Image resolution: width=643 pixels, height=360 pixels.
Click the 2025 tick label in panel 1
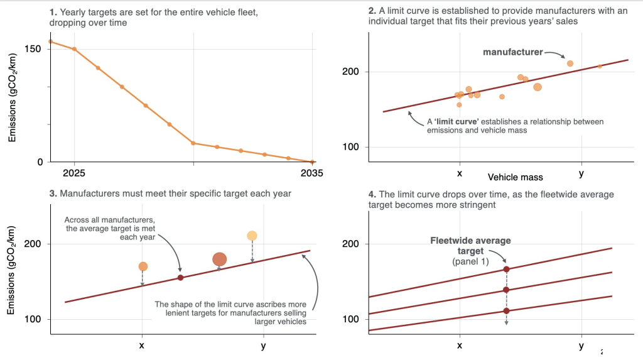75,173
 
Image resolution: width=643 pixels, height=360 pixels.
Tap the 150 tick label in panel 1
33,49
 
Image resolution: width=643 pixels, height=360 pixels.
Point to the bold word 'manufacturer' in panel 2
512,52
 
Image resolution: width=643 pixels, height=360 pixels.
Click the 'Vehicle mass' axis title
516,178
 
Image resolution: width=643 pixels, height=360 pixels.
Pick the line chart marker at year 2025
75,49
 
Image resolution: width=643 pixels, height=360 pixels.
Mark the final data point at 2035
312,161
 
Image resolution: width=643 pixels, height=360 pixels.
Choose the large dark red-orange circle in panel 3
219,259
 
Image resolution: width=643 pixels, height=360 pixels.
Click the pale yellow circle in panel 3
252,236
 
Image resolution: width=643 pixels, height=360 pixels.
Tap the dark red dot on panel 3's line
180,278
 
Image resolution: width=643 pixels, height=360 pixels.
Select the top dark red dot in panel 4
506,269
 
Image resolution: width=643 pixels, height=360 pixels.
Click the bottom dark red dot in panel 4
506,310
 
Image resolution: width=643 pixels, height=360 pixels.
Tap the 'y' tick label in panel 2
581,173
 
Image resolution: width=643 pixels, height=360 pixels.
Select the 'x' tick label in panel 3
142,345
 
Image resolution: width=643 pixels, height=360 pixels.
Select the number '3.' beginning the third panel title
53,194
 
